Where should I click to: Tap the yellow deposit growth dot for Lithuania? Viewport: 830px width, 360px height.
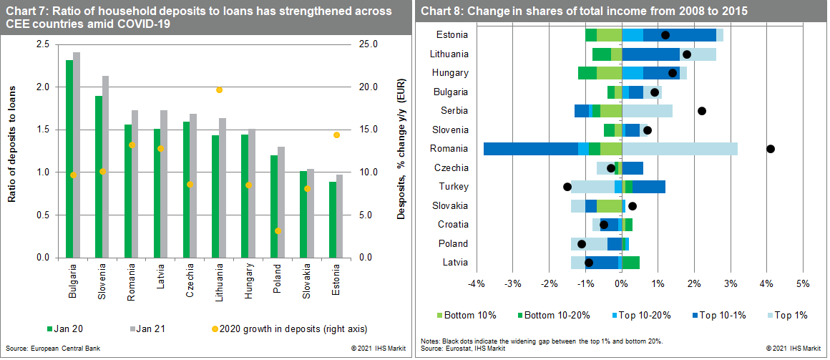click(x=219, y=89)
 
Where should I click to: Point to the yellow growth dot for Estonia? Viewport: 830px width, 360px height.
click(x=336, y=135)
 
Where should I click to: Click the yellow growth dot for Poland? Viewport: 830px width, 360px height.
click(x=278, y=230)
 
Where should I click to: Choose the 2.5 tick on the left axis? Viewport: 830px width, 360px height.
click(x=42, y=44)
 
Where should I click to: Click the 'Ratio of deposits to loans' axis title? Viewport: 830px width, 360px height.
click(x=12, y=151)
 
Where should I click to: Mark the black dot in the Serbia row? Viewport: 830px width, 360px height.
click(x=702, y=111)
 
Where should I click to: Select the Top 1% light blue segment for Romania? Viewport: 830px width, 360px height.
click(x=680, y=149)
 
